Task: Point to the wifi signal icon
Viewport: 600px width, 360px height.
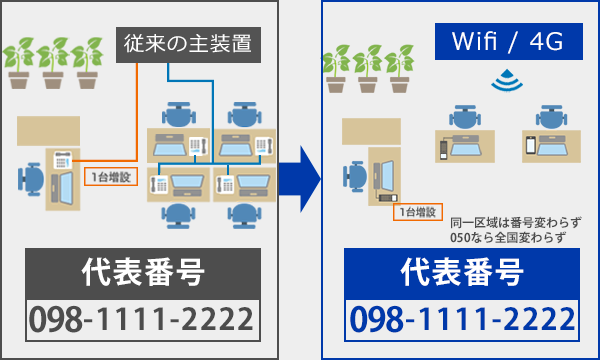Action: tap(504, 79)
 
